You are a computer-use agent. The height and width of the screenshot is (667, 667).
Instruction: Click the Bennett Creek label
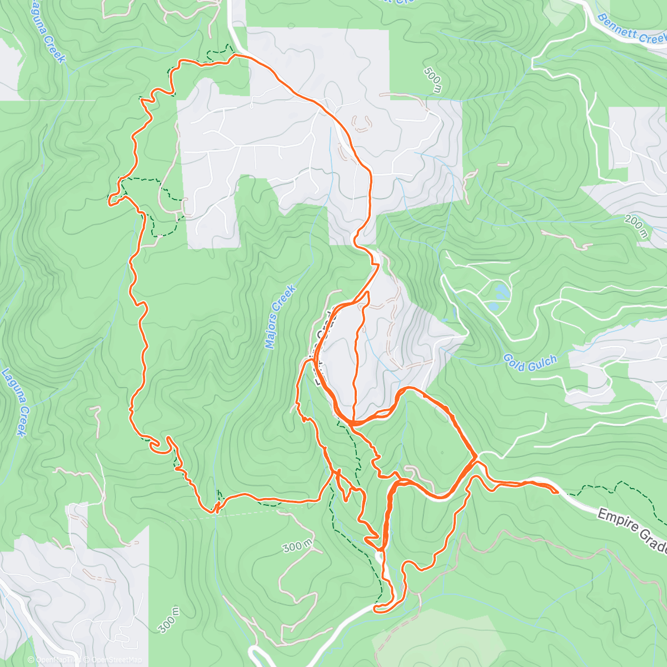tap(631, 29)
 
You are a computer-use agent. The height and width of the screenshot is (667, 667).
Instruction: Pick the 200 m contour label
tap(635, 226)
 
